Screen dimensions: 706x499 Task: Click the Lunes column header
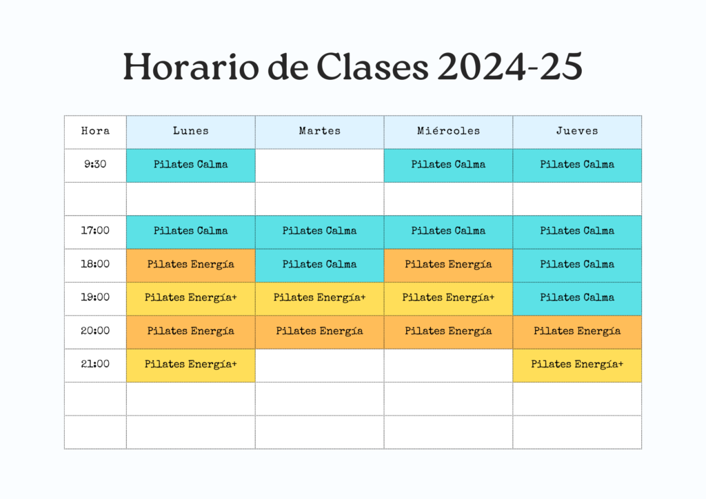coord(191,132)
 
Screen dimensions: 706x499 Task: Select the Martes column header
coord(320,132)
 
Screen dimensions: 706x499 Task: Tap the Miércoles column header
coord(448,132)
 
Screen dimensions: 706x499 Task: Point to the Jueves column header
coord(577,132)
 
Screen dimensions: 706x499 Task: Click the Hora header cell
coord(95,132)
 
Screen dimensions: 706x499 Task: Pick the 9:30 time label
coord(95,164)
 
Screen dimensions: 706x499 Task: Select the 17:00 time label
coord(95,231)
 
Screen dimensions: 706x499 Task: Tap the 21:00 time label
coord(95,364)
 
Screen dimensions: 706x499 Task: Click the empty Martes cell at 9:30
coord(320,165)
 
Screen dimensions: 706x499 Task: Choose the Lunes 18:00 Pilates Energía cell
coord(191,265)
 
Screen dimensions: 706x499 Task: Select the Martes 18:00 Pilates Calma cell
coord(320,265)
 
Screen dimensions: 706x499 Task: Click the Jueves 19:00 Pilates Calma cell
coord(577,298)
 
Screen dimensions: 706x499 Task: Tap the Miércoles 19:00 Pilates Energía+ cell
coord(448,298)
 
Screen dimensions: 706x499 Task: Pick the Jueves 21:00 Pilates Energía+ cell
coord(577,365)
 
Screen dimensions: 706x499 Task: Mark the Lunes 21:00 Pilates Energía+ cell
coord(191,365)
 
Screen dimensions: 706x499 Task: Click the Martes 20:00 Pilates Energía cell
coord(320,332)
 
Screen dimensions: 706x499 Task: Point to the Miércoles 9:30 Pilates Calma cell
coord(448,165)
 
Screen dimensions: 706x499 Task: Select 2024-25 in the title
coord(510,67)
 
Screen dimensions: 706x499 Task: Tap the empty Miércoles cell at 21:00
coord(448,365)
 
